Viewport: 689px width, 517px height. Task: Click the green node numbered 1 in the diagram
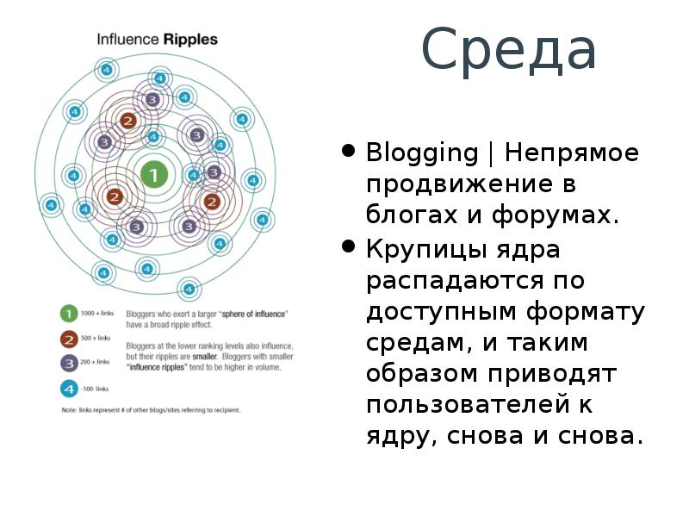pos(153,176)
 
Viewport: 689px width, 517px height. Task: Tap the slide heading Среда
pos(509,50)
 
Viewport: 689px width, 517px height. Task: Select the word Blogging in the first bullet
pos(422,155)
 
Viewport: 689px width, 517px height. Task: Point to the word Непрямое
pos(572,153)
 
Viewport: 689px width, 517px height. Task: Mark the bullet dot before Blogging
pos(349,152)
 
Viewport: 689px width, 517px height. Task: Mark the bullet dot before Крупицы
pos(349,247)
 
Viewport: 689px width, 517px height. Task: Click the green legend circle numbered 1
pos(66,314)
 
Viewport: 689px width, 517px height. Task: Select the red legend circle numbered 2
pos(66,338)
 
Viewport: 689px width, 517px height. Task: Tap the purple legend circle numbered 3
pos(66,363)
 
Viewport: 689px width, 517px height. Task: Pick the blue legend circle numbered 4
pos(66,388)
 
